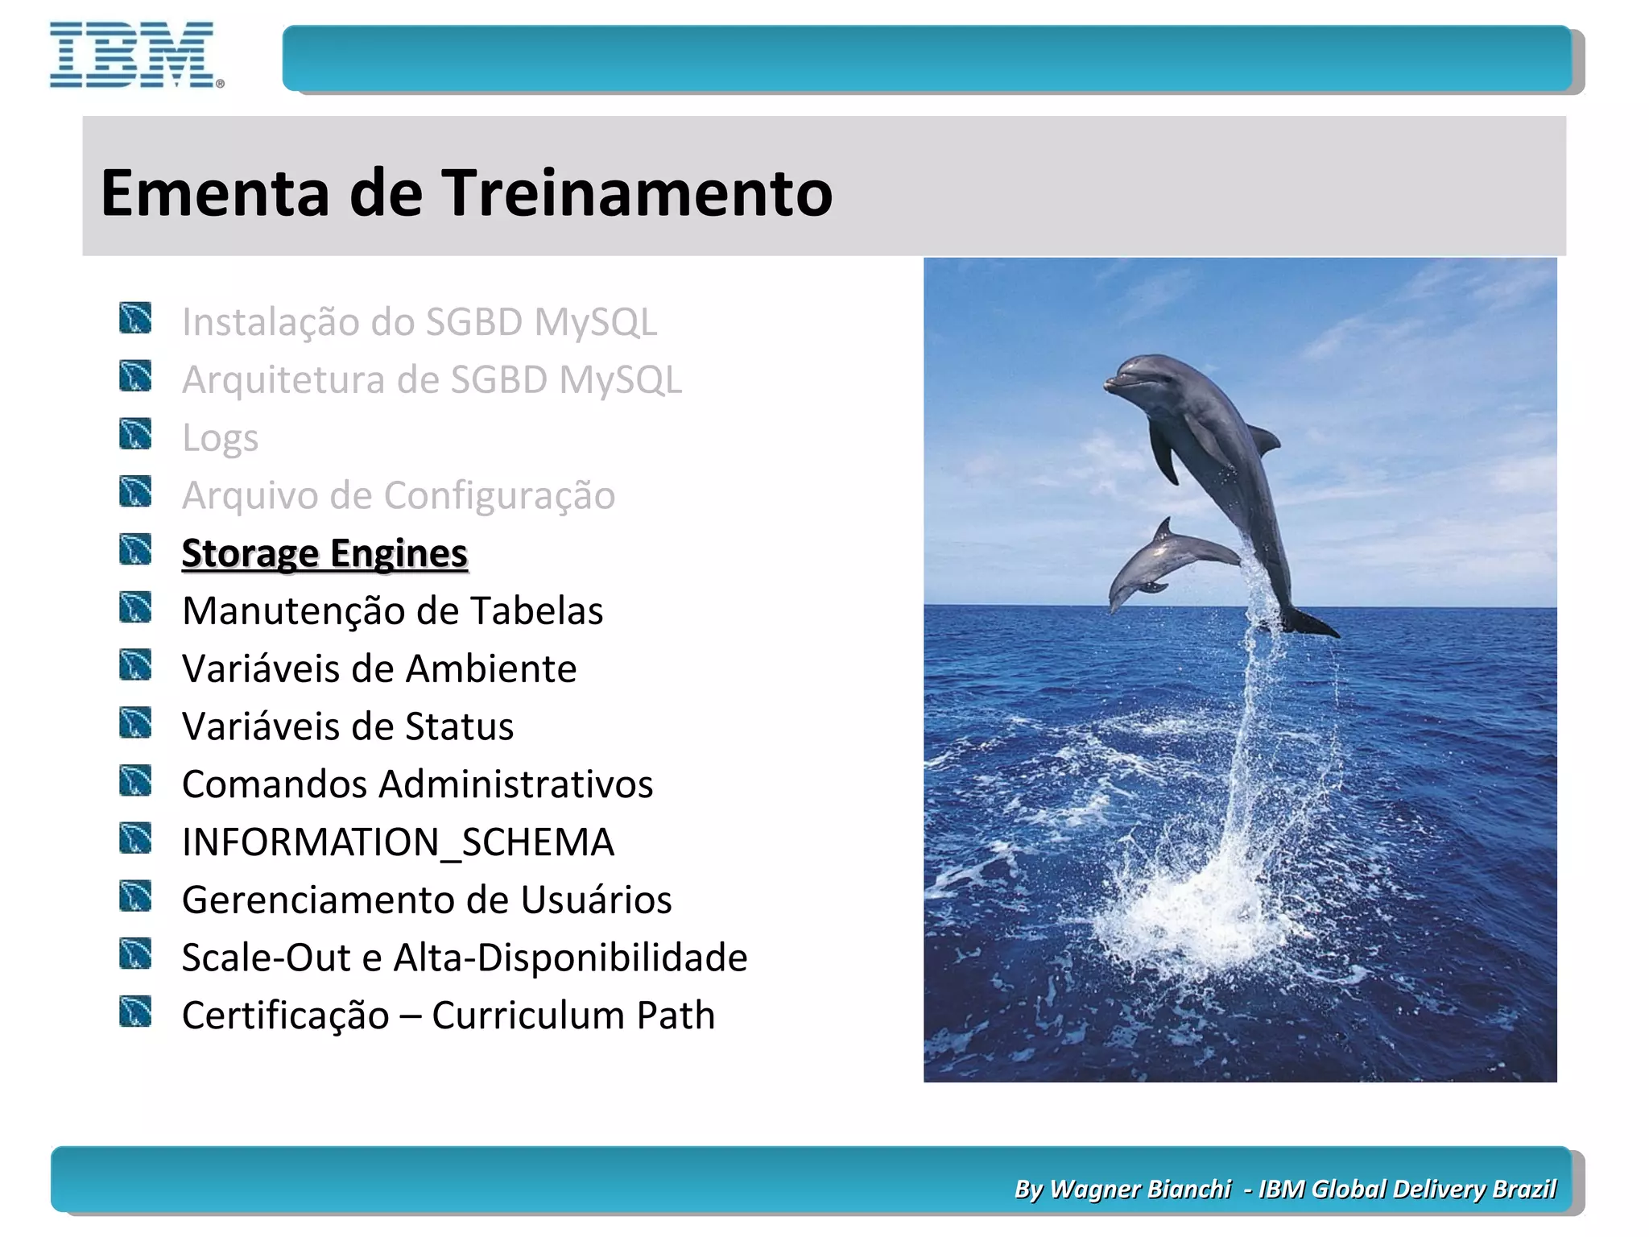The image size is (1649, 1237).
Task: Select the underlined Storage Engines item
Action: click(x=324, y=553)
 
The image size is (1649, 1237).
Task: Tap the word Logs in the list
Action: click(x=220, y=438)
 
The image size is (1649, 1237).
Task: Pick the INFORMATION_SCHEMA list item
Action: click(x=398, y=842)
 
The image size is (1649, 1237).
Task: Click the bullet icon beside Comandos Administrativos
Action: click(x=135, y=781)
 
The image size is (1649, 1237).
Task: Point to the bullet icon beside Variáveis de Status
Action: click(x=135, y=723)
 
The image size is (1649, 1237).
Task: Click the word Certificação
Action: click(x=285, y=1016)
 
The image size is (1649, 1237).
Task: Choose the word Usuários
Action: click(x=596, y=900)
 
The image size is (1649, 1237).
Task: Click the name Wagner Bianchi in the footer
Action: click(x=1140, y=1189)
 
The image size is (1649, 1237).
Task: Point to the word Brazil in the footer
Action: click(x=1523, y=1189)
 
